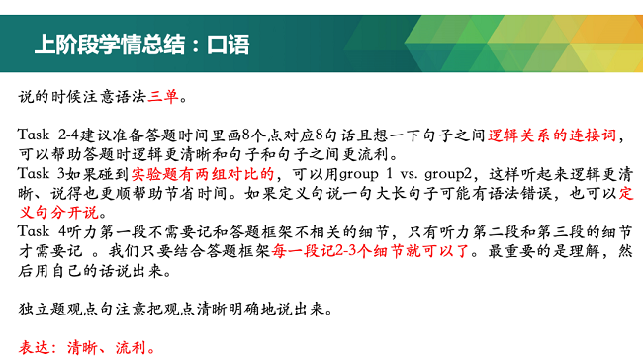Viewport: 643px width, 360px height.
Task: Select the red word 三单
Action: point(164,98)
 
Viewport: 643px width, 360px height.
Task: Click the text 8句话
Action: point(331,136)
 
